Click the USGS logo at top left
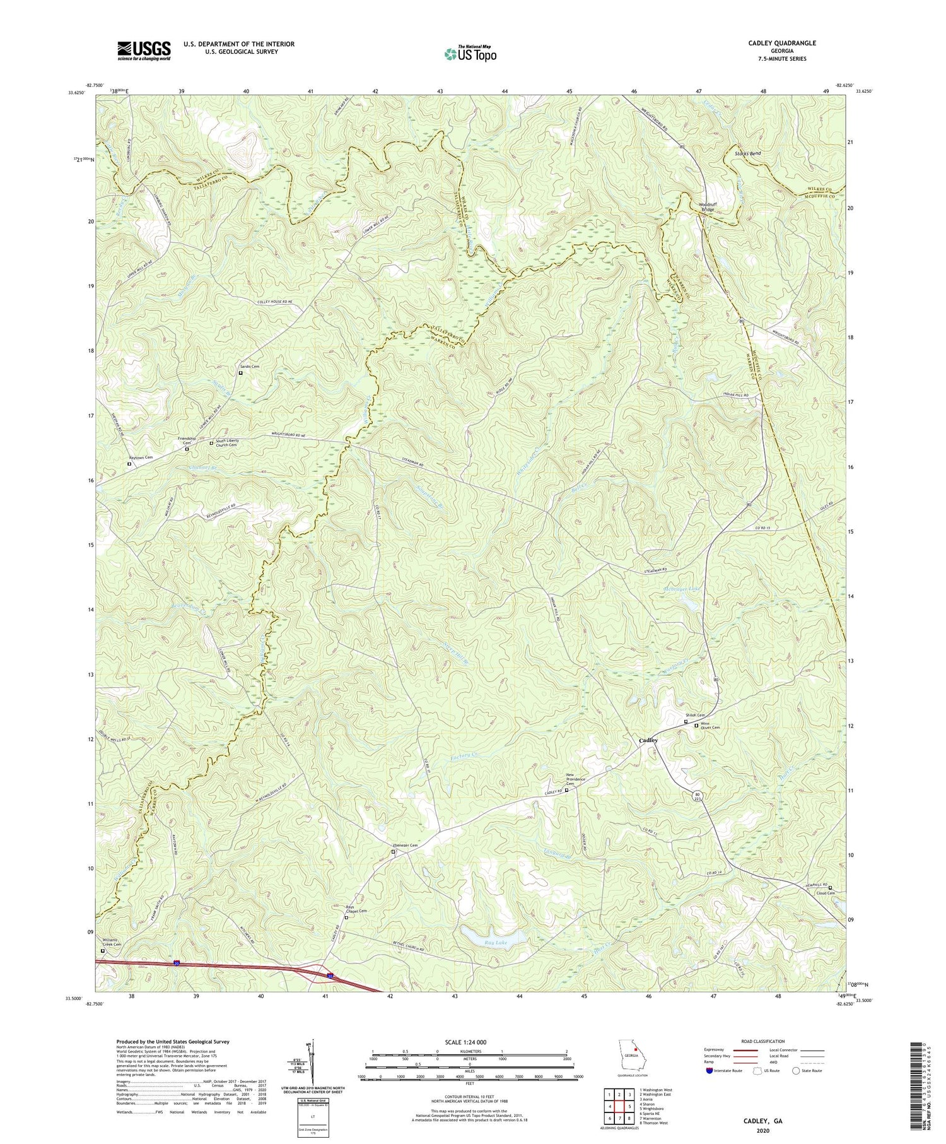pyautogui.click(x=144, y=50)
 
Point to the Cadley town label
pyautogui.click(x=648, y=740)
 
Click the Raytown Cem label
pyautogui.click(x=141, y=457)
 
